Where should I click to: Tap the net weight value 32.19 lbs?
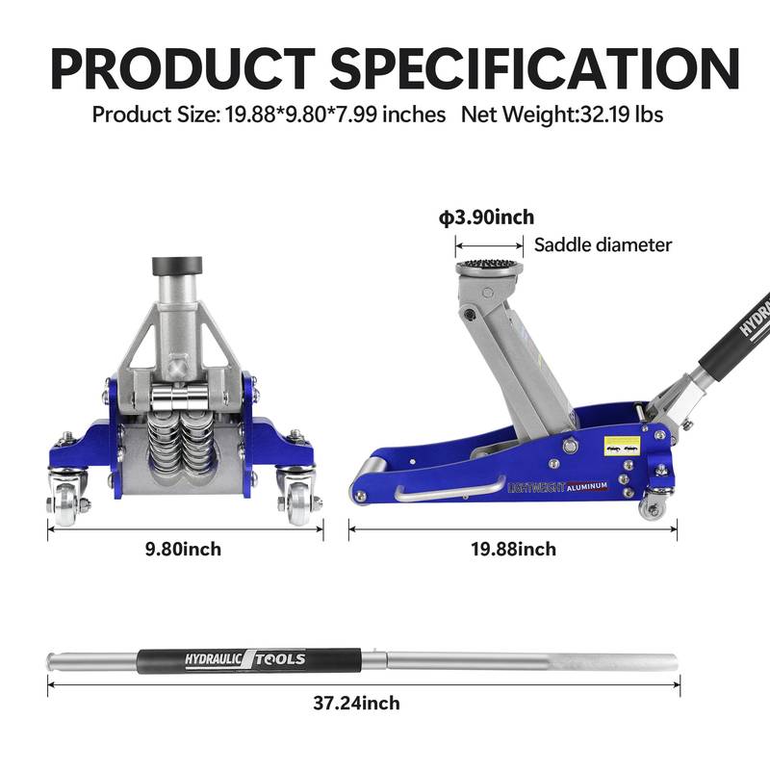pyautogui.click(x=620, y=115)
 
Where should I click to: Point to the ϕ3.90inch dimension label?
pyautogui.click(x=486, y=218)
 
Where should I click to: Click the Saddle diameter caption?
pyautogui.click(x=603, y=244)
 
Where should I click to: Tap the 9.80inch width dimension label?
pyautogui.click(x=183, y=550)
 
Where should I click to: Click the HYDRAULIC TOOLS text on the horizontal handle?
pyautogui.click(x=245, y=659)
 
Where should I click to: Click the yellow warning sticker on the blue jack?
pyautogui.click(x=618, y=448)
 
